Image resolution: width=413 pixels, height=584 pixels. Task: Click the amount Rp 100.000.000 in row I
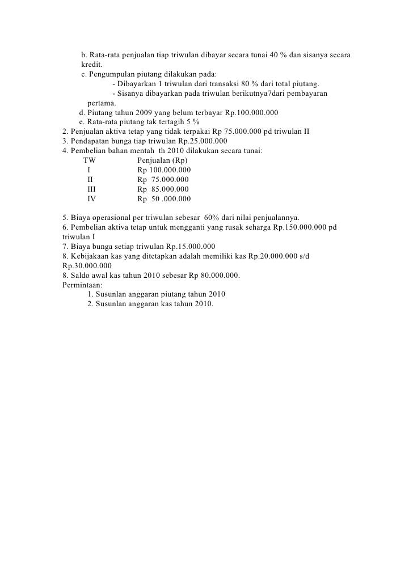click(x=164, y=170)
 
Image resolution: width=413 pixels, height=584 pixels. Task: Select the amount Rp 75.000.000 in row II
click(x=163, y=180)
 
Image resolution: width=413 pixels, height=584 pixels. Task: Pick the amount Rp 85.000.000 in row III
click(x=163, y=189)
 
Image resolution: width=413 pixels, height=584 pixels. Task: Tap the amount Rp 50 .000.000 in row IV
click(x=164, y=199)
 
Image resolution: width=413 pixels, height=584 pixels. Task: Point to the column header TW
click(x=90, y=160)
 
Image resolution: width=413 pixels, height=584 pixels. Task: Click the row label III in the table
click(x=91, y=189)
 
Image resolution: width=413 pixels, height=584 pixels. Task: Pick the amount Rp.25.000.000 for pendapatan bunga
click(x=196, y=141)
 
